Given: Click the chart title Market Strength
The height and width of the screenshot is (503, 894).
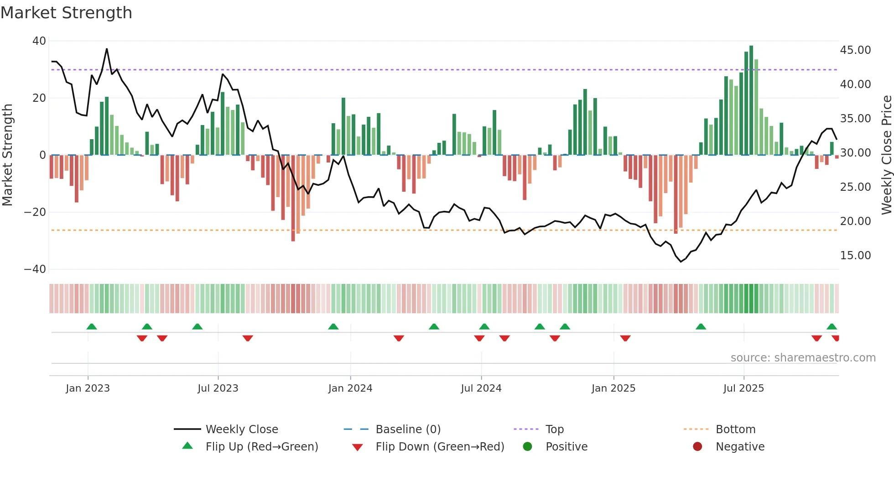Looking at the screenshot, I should tap(66, 13).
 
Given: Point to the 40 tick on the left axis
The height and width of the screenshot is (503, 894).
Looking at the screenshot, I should tap(39, 41).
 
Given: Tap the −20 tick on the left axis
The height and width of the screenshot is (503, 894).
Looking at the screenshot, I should tap(35, 212).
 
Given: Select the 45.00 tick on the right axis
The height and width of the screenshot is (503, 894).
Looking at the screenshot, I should tap(855, 50).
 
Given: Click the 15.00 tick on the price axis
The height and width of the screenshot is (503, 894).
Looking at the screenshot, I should tap(855, 256).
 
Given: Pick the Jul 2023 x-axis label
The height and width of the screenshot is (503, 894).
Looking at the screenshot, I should tap(218, 388).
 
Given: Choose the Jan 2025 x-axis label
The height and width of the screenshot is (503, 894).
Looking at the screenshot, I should tap(613, 388).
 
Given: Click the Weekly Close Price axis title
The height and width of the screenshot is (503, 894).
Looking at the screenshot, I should tap(886, 155).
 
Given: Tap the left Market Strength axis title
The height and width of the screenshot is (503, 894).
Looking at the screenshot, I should tap(8, 155).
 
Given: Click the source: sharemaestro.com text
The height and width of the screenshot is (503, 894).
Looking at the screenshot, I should tap(803, 358).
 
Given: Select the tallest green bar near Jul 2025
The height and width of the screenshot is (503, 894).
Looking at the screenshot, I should tap(751, 100).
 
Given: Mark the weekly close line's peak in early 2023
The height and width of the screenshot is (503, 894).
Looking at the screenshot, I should tap(107, 49).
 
